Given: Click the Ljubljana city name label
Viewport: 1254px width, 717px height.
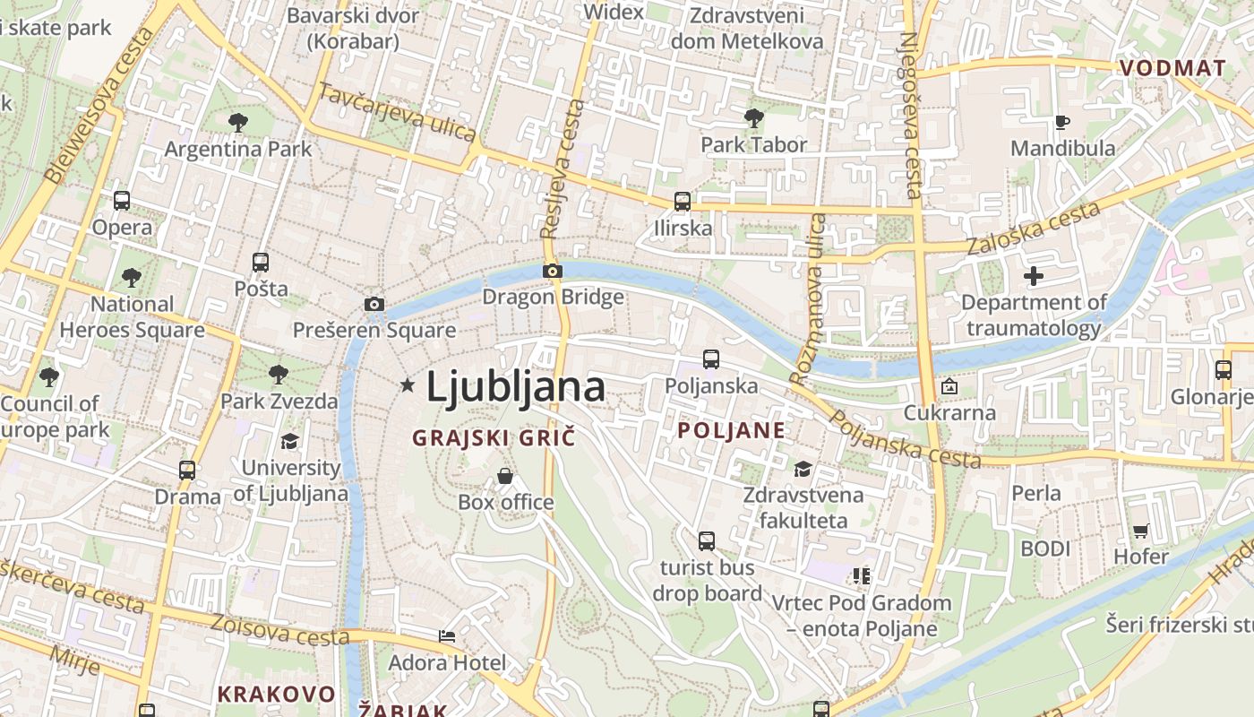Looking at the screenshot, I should [515, 387].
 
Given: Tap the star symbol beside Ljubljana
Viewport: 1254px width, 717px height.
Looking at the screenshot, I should [408, 385].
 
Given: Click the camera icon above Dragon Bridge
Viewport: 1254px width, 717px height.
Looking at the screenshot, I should [553, 271].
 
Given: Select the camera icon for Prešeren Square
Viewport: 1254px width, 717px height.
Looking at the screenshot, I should [374, 305].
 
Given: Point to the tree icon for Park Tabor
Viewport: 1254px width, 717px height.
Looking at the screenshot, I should [753, 117].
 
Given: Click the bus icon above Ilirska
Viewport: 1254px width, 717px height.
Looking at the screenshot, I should [683, 202].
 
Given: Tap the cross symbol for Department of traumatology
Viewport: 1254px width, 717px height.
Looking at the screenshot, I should [1034, 276].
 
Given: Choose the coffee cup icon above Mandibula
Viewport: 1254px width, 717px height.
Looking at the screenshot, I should [1062, 122].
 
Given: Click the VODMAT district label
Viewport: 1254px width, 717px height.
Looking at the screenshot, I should [1172, 68].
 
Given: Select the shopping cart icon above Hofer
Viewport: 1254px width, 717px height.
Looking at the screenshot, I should [1140, 531].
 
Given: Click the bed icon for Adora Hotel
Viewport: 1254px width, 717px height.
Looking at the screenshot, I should [447, 636].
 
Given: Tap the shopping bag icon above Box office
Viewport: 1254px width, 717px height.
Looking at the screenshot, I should [505, 475].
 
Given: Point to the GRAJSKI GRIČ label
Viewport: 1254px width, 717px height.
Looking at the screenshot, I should [493, 438].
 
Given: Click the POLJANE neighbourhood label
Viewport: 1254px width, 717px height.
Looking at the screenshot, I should [731, 430].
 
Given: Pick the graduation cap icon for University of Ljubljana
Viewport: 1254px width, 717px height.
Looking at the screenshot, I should [290, 441].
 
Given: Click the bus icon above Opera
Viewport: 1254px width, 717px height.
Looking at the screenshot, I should [122, 201].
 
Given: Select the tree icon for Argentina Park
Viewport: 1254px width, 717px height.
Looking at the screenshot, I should [237, 122].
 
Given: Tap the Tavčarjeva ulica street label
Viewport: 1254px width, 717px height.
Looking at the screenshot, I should [397, 112].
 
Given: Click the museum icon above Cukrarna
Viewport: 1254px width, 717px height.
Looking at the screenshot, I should [949, 387].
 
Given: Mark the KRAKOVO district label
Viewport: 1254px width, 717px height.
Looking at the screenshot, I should [276, 694].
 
